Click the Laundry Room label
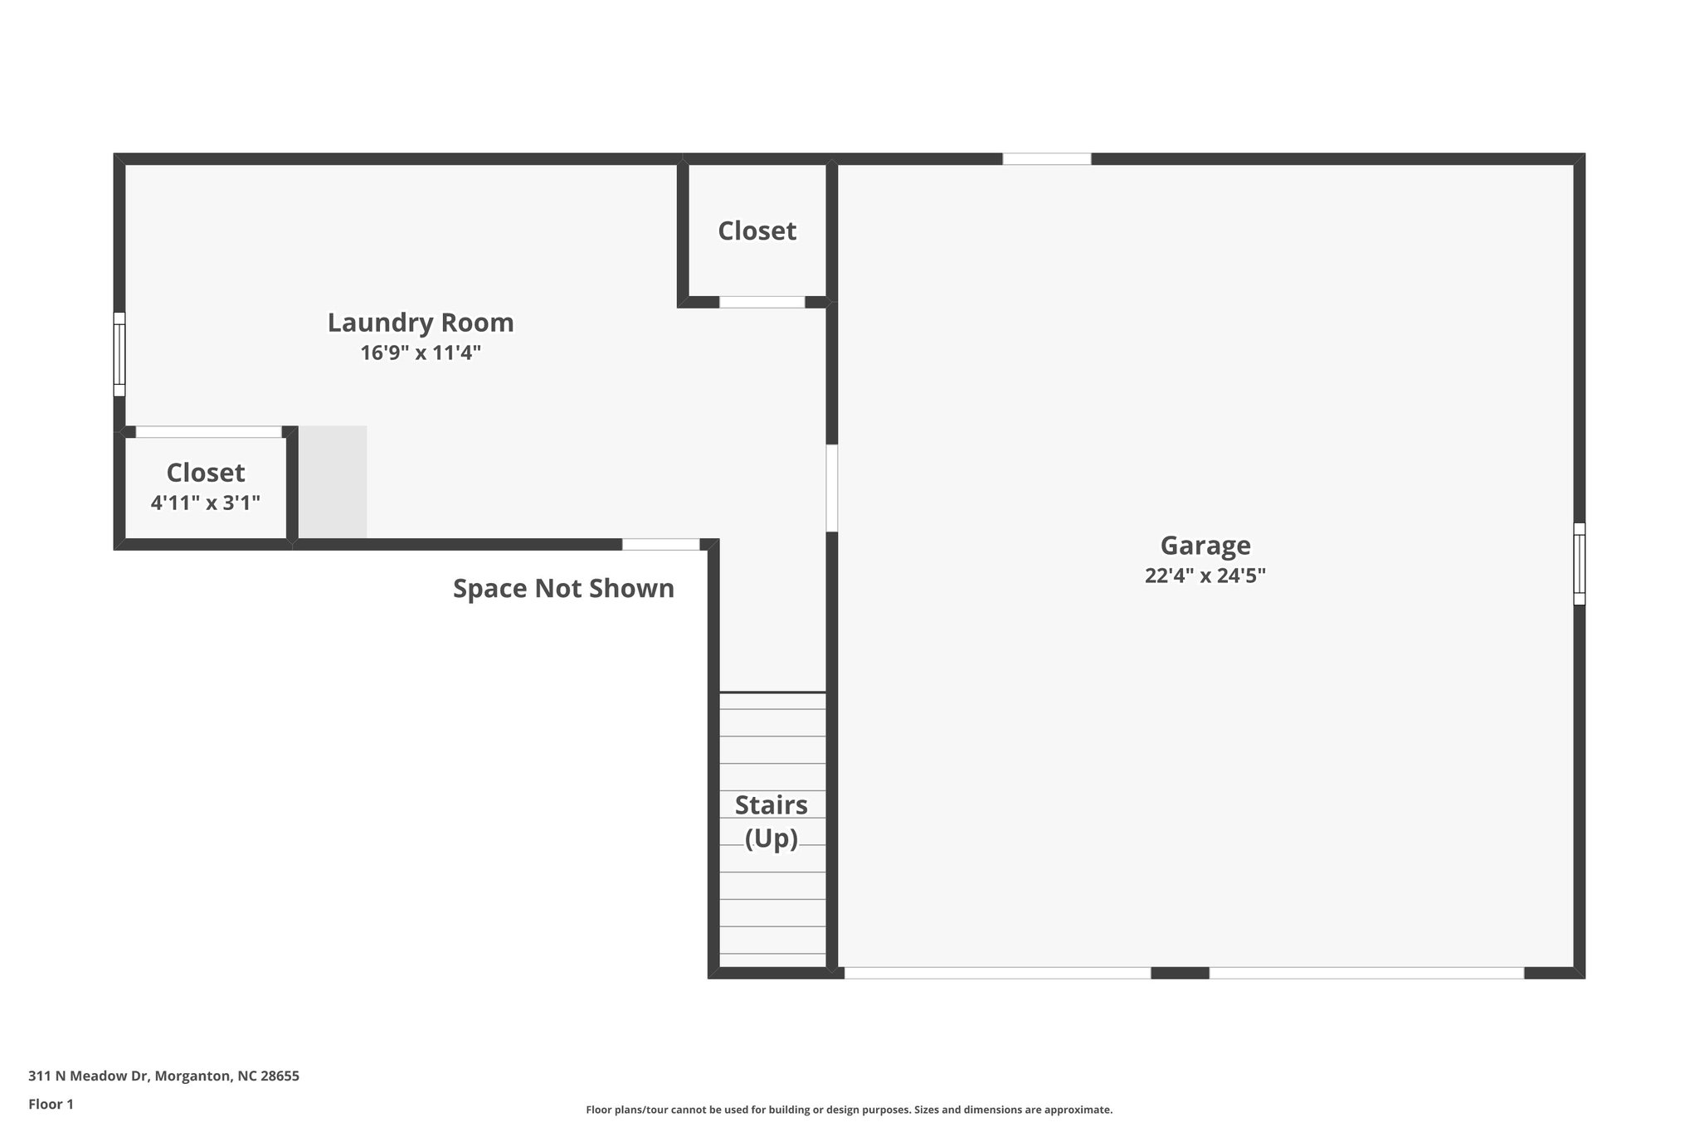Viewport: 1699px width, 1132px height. (421, 323)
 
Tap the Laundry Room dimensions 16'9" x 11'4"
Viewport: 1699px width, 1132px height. (421, 353)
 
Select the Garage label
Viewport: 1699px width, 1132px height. (1205, 546)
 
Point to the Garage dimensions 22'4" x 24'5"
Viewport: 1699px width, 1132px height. (1205, 576)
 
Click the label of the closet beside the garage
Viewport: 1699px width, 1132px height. (757, 231)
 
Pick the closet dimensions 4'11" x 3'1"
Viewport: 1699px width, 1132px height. (206, 503)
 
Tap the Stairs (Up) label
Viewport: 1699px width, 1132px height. (772, 821)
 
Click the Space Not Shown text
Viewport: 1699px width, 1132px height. (563, 589)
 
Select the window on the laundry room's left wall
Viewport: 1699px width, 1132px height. (119, 354)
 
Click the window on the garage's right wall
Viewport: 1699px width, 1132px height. (1579, 563)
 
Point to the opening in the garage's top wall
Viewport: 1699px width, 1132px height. (1046, 159)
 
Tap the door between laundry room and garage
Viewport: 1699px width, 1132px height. (831, 488)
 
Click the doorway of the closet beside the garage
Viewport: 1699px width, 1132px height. (762, 302)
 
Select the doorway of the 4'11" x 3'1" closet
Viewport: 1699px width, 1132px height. (208, 432)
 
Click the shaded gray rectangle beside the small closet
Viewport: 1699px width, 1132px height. (333, 482)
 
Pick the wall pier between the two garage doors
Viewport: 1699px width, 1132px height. (1180, 973)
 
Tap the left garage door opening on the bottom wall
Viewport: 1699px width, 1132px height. (997, 973)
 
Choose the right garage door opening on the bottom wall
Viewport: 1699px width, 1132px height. (1366, 973)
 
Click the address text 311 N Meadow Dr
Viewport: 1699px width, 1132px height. (163, 1076)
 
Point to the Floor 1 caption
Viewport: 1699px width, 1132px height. (51, 1105)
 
